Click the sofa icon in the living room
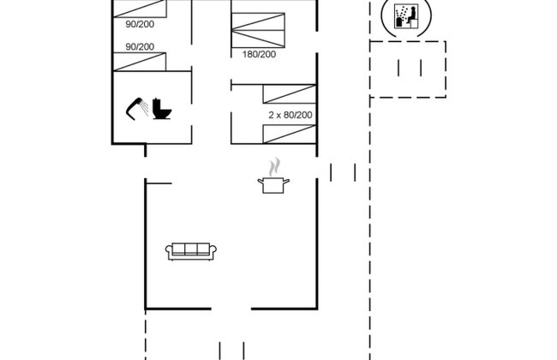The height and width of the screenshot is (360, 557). pyautogui.click(x=191, y=252)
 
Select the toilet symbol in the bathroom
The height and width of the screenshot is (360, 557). pyautogui.click(x=162, y=109)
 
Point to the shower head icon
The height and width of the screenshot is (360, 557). pyautogui.click(x=137, y=108)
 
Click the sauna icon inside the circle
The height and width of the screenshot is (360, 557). pyautogui.click(x=405, y=16)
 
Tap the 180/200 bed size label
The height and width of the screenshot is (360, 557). pyautogui.click(x=259, y=54)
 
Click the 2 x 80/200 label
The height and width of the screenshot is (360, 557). pyautogui.click(x=290, y=115)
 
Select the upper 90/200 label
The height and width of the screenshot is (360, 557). pyautogui.click(x=140, y=24)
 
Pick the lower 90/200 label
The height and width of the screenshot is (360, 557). pyautogui.click(x=140, y=46)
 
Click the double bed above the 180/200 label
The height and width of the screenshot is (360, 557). pyautogui.click(x=258, y=30)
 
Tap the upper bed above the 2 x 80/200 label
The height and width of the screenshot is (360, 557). pyautogui.click(x=290, y=94)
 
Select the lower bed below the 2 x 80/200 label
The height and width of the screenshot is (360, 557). pyautogui.click(x=290, y=134)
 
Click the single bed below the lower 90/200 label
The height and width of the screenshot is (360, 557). pyautogui.click(x=140, y=62)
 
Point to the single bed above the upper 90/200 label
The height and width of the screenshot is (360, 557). pyautogui.click(x=140, y=9)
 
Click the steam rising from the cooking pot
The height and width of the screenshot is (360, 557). pyautogui.click(x=274, y=167)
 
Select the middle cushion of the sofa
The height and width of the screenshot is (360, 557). pyautogui.click(x=191, y=249)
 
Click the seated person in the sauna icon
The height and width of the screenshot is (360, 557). pyautogui.click(x=411, y=15)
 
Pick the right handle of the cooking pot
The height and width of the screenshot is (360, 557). pyautogui.click(x=286, y=182)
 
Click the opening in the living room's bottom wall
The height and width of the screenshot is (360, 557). pyautogui.click(x=231, y=309)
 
